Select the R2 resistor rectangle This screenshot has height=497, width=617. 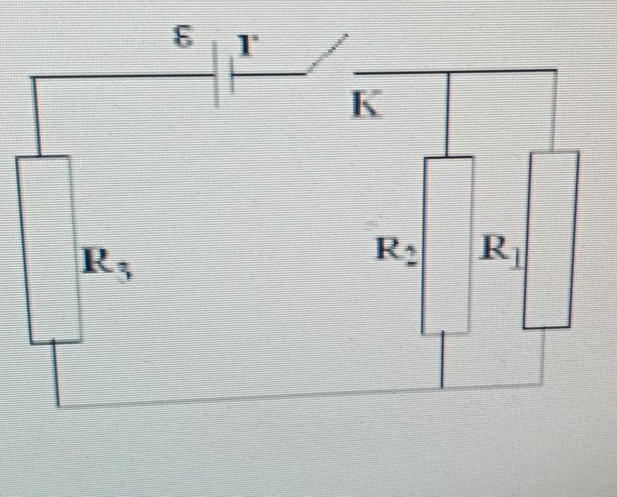pyautogui.click(x=447, y=245)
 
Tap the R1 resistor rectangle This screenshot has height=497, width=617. pyautogui.click(x=551, y=240)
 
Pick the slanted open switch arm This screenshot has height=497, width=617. pyautogui.click(x=327, y=55)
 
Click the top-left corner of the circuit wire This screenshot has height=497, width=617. pyautogui.click(x=33, y=78)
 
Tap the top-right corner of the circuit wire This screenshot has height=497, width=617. pyautogui.click(x=555, y=70)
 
